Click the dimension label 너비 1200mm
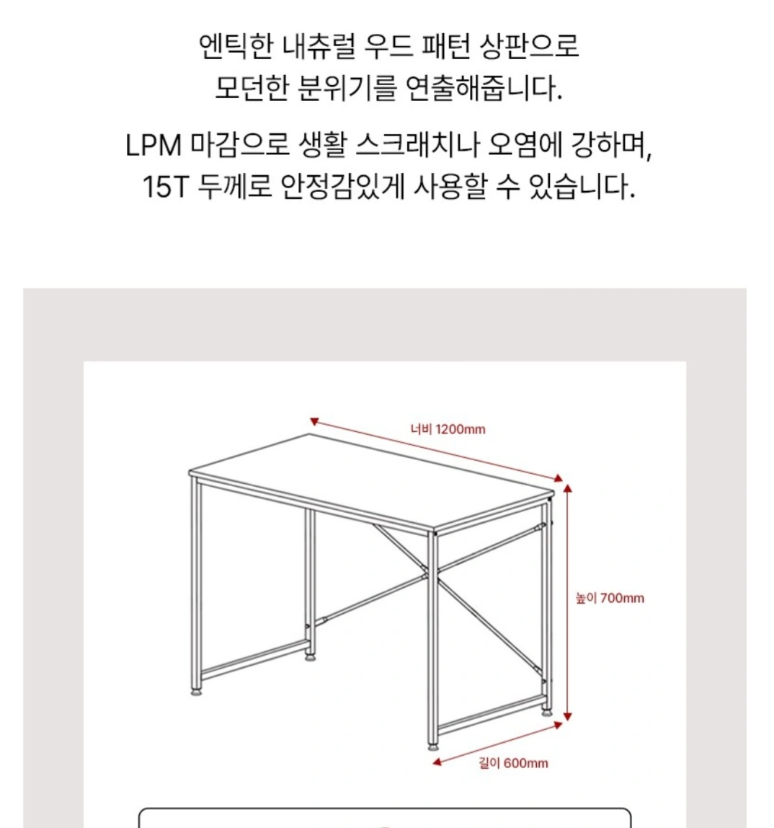click(448, 428)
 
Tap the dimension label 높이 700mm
click(610, 599)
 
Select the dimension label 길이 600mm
click(513, 763)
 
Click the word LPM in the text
click(154, 145)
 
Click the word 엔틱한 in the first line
click(236, 46)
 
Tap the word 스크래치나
click(417, 145)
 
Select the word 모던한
click(252, 88)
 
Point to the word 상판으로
click(529, 46)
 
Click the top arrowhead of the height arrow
click(567, 488)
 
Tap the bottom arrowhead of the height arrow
click(567, 716)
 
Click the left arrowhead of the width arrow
click(314, 421)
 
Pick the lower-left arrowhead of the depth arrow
click(437, 762)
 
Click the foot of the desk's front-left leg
click(196, 691)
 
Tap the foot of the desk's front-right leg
click(432, 746)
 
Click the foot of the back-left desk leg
click(310, 658)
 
